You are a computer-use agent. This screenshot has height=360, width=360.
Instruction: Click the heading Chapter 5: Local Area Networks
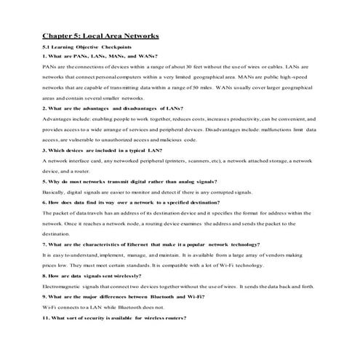coord(100,34)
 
